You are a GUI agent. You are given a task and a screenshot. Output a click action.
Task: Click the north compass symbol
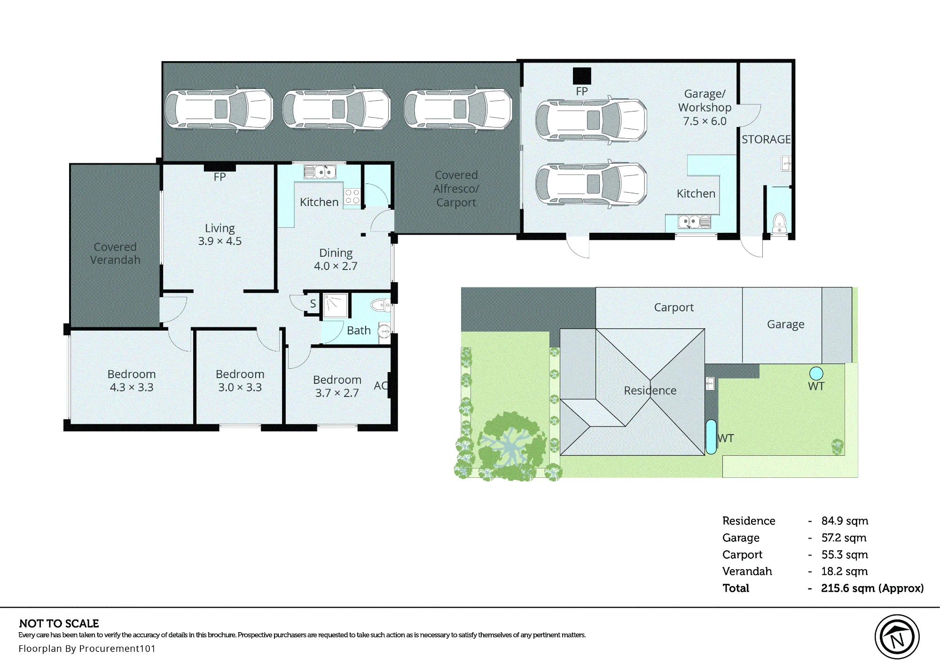897,637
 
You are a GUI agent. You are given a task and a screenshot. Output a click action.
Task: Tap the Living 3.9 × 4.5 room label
219,234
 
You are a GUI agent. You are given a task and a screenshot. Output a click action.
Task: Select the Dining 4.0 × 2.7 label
336,259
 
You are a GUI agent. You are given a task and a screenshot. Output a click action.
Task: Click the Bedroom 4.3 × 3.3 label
132,381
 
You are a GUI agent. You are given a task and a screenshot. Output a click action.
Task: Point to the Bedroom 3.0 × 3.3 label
240,381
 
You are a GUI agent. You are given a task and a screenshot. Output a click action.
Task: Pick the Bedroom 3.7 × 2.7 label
337,386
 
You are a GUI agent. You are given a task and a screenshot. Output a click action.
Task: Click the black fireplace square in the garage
582,76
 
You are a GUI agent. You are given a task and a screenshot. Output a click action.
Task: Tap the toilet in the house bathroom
380,306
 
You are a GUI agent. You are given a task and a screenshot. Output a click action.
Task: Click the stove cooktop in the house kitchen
352,197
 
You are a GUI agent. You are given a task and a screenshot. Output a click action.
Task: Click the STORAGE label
766,139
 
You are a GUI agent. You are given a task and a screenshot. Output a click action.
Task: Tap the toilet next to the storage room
779,222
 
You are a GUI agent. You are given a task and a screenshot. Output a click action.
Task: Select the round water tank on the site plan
816,373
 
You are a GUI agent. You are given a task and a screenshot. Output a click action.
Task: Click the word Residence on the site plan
650,390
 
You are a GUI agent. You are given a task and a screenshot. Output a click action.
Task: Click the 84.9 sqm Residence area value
845,521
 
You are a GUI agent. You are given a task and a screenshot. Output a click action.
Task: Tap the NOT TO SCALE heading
59,624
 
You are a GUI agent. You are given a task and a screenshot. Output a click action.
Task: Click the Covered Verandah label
115,253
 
